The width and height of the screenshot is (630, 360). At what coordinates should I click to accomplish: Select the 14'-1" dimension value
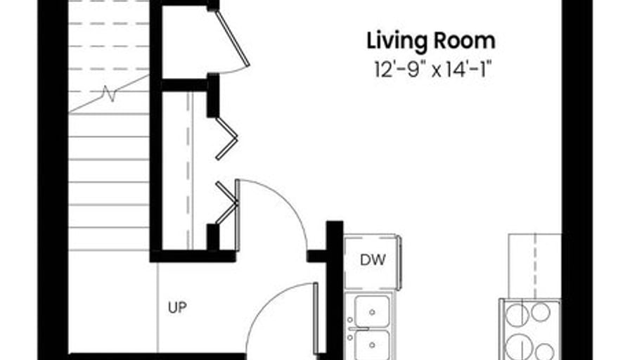[x=468, y=70]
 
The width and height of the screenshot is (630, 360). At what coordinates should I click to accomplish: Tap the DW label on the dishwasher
[x=373, y=260]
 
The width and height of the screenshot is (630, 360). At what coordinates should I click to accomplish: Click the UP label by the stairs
[x=177, y=308]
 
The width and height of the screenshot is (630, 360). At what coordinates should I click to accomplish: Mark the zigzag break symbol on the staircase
[x=109, y=94]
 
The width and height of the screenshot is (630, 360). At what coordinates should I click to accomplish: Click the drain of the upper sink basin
[x=372, y=312]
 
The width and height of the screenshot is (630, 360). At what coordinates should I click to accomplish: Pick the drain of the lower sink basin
[x=372, y=345]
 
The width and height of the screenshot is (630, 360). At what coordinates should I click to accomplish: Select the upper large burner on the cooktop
[x=516, y=314]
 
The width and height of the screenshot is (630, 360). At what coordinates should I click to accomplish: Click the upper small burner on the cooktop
[x=541, y=312]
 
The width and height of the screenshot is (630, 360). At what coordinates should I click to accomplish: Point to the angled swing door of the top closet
[x=232, y=38]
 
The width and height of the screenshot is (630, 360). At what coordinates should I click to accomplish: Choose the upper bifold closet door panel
[x=226, y=139]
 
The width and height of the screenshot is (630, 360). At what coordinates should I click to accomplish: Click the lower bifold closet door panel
[x=226, y=203]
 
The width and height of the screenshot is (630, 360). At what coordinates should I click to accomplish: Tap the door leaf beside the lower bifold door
[x=238, y=215]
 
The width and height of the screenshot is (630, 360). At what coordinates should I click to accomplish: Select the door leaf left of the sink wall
[x=316, y=319]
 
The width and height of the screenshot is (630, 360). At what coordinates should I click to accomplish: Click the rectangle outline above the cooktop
[x=535, y=266]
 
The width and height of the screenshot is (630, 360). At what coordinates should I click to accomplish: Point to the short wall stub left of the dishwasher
[x=317, y=256]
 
